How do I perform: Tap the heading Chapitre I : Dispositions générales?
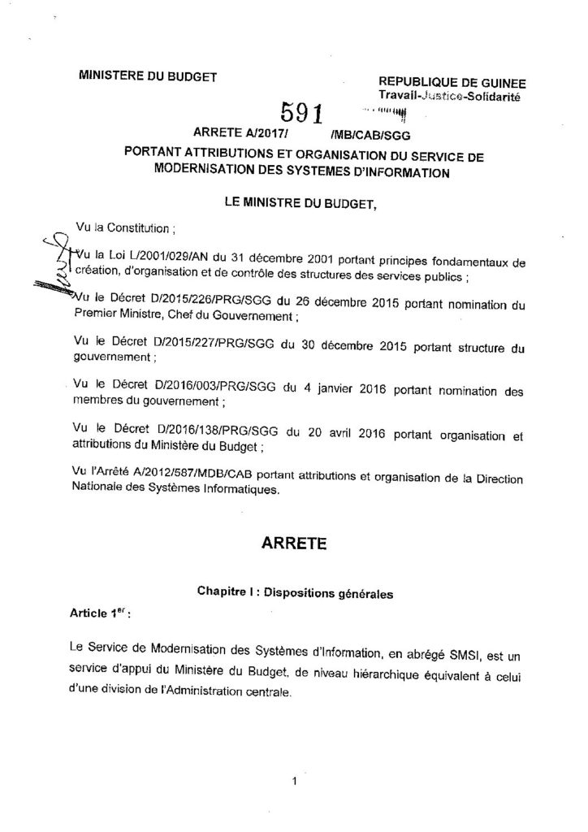295,594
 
